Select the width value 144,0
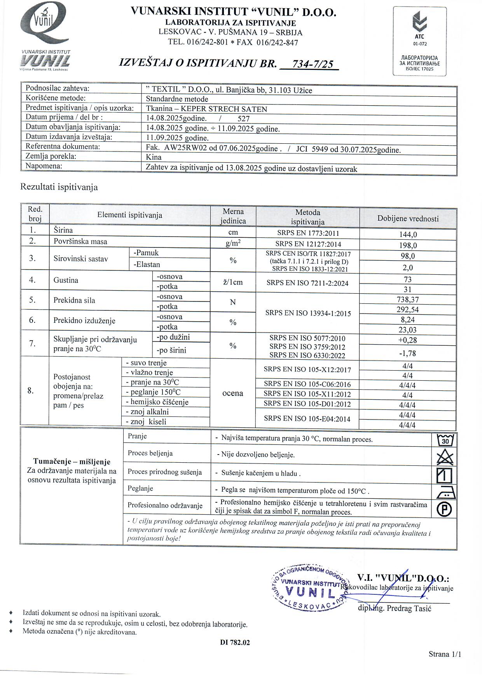coord(408,234)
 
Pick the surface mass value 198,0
coord(408,245)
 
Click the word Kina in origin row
coord(154,157)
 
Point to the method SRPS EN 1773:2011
coord(308,233)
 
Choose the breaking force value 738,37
coord(408,300)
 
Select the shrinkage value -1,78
coord(407,353)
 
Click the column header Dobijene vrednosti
coord(408,218)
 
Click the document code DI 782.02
coord(235,643)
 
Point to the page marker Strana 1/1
coord(445,654)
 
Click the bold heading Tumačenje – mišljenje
coord(72,462)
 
